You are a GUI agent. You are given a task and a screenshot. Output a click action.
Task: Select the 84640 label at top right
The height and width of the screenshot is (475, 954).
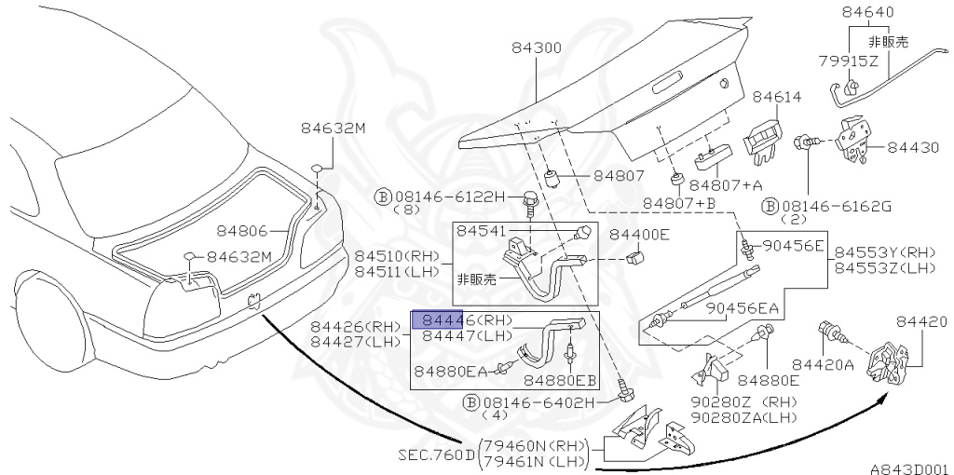coord(867,13)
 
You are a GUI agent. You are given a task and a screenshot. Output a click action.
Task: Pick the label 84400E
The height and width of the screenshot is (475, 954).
coord(639,235)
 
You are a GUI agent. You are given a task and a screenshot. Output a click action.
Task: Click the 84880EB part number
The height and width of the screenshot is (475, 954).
coord(560,380)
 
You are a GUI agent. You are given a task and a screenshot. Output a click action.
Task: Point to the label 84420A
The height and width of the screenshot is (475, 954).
coord(823,364)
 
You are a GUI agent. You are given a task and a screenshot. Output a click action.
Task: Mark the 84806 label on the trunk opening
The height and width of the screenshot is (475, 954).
coord(242,230)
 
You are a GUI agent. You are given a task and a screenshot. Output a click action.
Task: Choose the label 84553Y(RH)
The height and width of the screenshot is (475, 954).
coord(884,252)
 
